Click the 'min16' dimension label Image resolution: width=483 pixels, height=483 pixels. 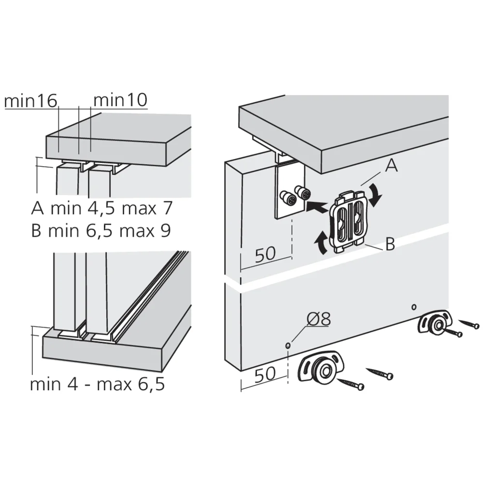(31, 101)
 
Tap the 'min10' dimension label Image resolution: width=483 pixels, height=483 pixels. (120, 100)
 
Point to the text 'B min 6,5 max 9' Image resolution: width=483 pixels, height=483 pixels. (101, 230)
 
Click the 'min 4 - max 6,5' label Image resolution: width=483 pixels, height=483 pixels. (98, 384)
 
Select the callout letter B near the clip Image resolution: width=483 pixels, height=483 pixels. (390, 244)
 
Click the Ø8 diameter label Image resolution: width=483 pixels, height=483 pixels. (318, 319)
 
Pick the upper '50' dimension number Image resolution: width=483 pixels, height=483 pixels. (265, 254)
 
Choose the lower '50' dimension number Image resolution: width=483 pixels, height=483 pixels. (265, 374)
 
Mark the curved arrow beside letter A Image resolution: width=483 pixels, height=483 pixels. (376, 195)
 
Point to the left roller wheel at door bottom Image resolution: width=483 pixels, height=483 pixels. (321, 369)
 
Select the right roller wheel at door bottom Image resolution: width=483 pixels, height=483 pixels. (434, 324)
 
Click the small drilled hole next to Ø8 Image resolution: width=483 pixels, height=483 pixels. (288, 346)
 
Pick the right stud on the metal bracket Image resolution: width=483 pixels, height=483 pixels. (303, 192)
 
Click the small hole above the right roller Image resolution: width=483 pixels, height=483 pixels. (414, 307)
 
